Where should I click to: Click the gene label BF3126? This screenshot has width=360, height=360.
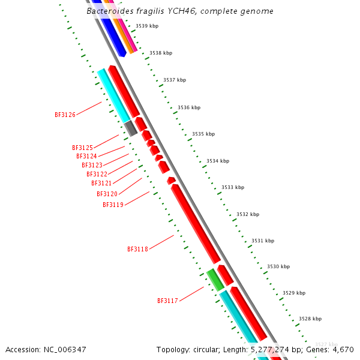65,114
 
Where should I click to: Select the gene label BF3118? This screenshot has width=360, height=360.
137,249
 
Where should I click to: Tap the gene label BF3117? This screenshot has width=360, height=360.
167,301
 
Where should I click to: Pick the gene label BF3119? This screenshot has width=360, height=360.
113,205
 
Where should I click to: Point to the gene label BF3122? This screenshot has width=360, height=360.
97,174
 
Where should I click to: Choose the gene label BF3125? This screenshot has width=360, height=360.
82,148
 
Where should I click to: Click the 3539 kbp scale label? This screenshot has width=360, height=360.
147,26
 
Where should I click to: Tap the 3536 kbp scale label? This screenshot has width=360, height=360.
189,107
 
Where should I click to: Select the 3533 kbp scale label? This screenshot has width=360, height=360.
233,187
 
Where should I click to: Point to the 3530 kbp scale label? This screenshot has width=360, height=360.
278,266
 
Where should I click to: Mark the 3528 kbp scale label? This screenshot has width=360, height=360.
310,319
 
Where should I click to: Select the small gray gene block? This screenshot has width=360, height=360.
130,128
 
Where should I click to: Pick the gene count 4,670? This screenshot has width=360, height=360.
342,349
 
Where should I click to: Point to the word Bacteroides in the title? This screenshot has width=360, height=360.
107,11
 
